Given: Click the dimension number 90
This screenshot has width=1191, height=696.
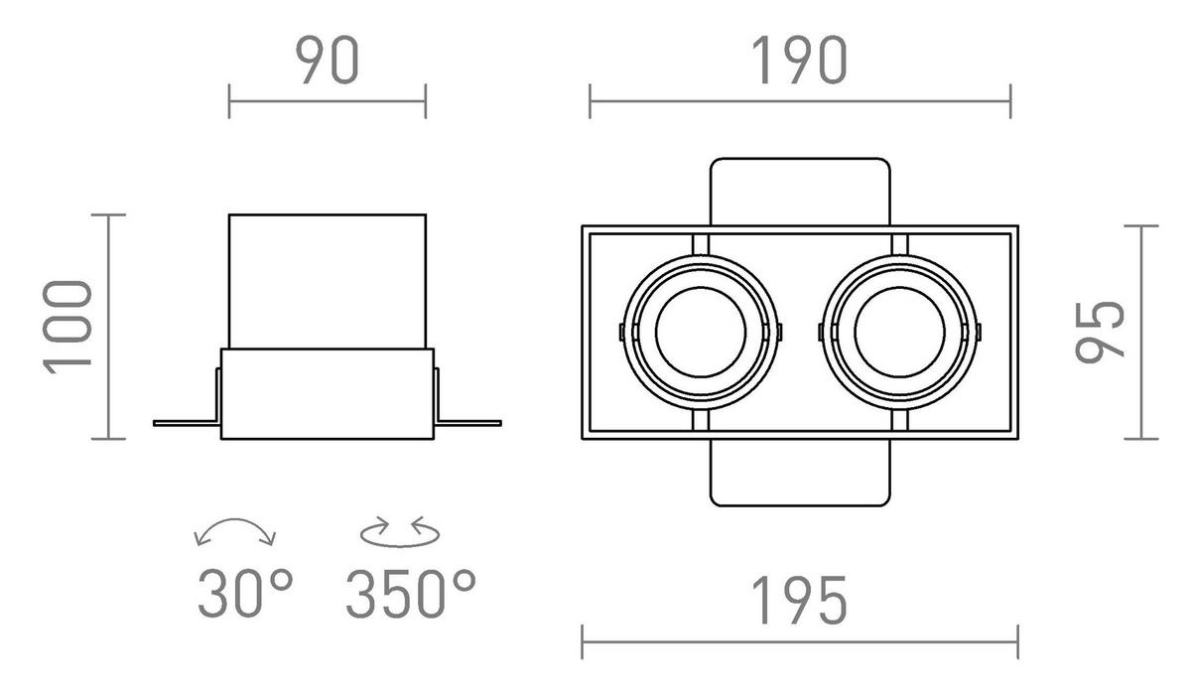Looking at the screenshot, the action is pos(327,61).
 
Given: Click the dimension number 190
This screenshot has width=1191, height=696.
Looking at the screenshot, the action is pos(799,61).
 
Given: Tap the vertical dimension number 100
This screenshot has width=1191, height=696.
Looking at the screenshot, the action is pos(68,328).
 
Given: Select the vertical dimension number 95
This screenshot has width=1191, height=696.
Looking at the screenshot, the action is pos(1100,333).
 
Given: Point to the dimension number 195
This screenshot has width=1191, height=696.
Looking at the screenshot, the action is pos(799,601).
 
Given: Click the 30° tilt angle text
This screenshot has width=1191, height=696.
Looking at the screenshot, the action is pos(245,593).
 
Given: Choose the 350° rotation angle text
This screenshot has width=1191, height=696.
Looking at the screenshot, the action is pos(411,593).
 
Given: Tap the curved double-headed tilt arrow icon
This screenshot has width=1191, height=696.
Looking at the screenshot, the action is pos(234,521).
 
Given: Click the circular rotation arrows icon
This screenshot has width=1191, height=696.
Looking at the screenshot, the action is pos(400,532).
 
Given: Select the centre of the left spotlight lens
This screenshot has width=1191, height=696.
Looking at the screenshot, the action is pos(701,333).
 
